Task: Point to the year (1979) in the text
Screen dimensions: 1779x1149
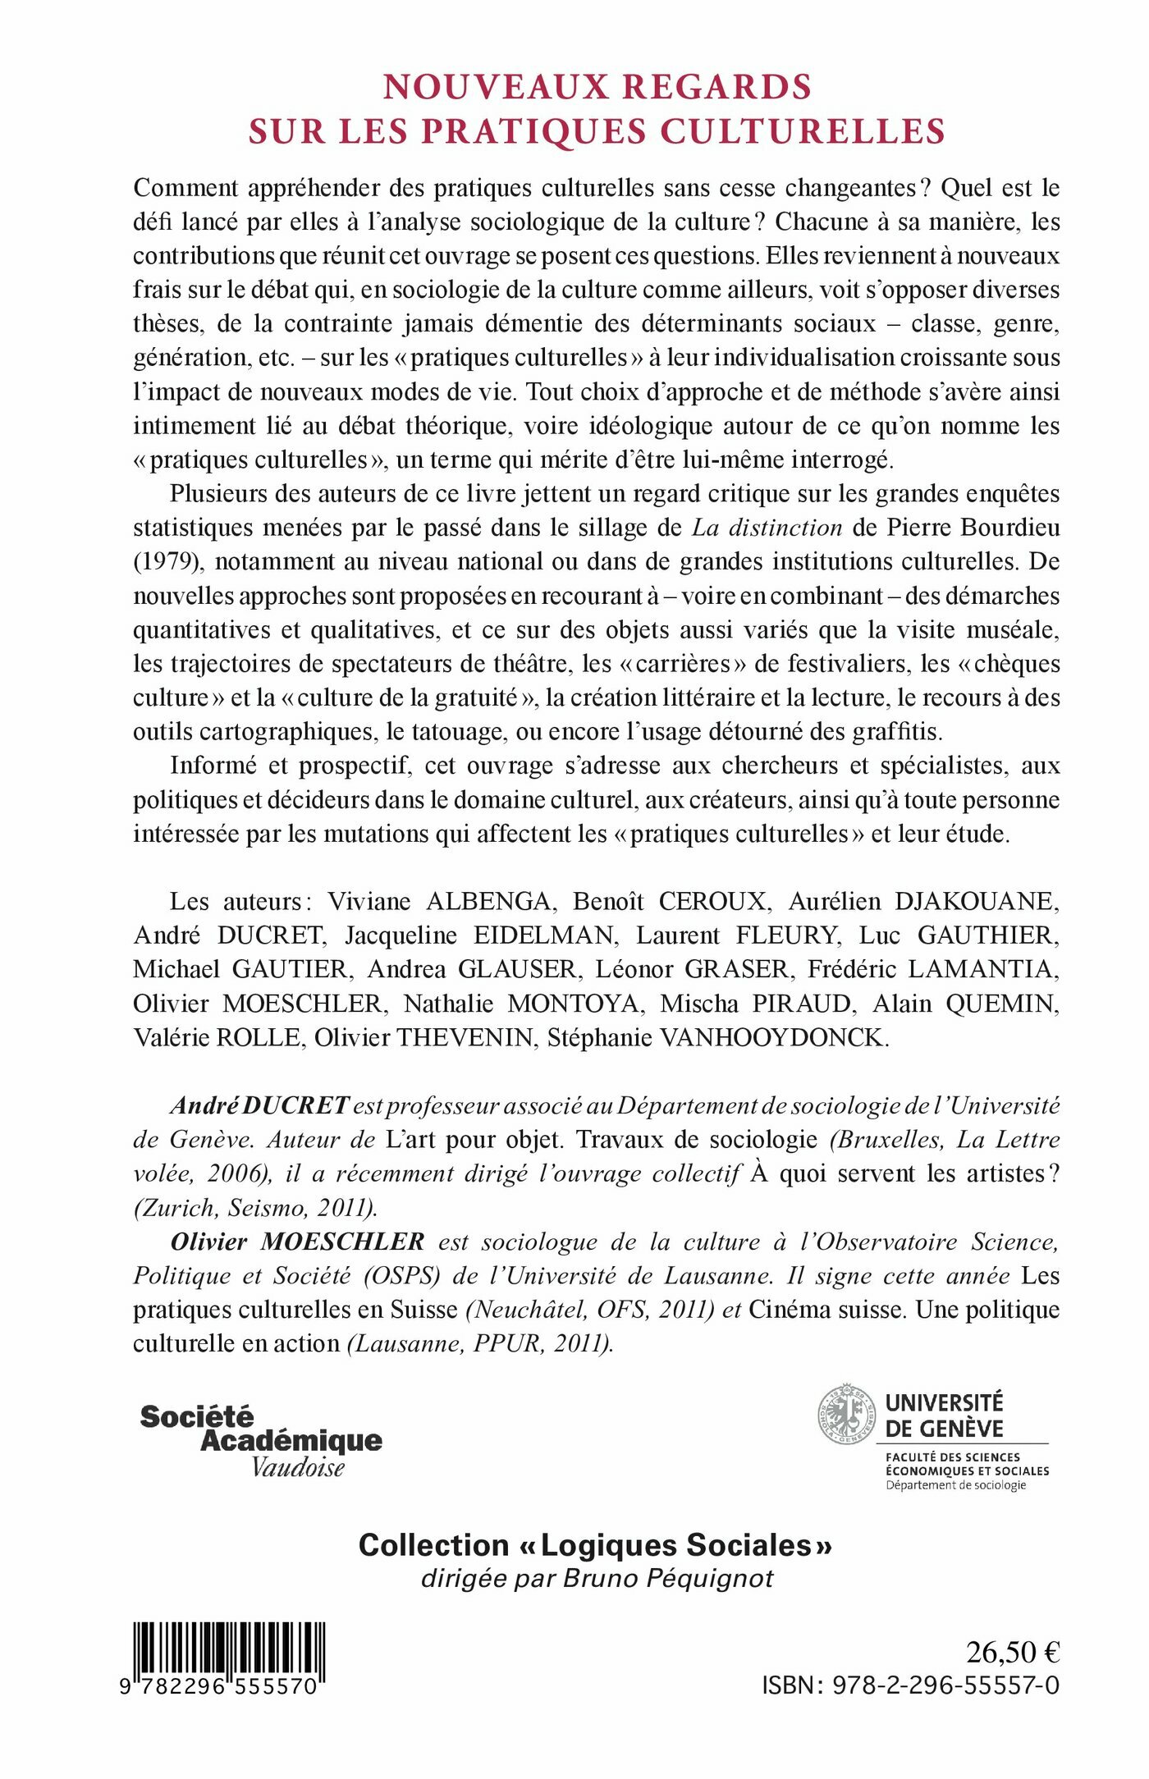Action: (x=167, y=561)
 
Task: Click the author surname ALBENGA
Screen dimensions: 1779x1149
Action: (x=488, y=901)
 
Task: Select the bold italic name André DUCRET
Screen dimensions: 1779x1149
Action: (x=260, y=1105)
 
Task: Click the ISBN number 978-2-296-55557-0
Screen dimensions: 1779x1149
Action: (x=945, y=1685)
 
